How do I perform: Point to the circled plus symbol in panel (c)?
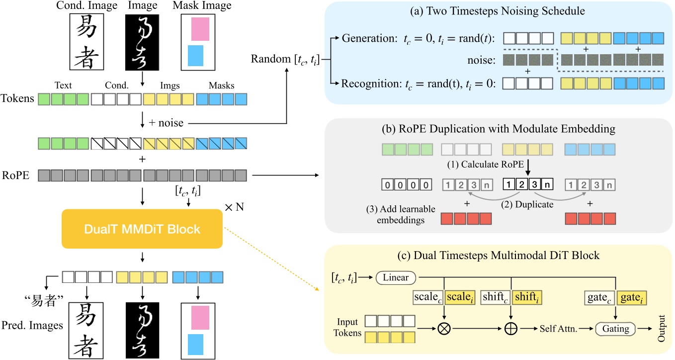[512, 329]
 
